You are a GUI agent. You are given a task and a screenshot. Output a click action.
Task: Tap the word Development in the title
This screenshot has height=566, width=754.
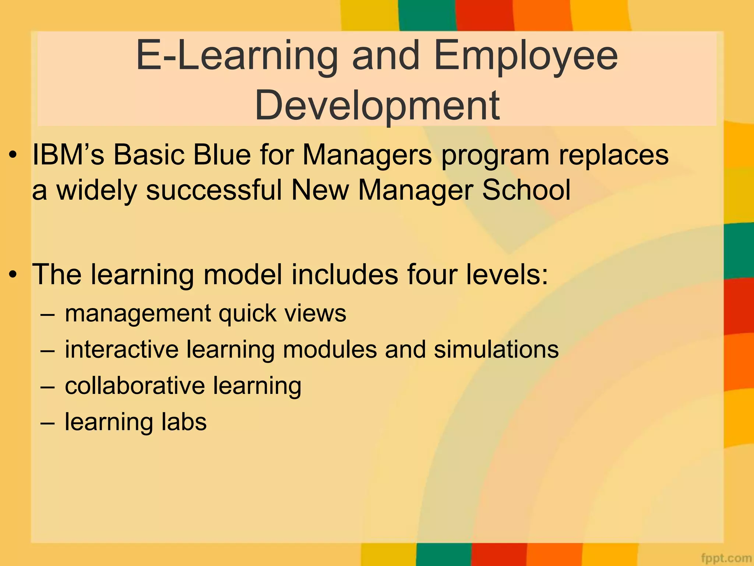point(377,106)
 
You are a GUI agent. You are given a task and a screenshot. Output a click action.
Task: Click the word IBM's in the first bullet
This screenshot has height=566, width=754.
point(68,155)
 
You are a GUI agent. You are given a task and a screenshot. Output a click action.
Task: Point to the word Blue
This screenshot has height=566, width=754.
point(222,155)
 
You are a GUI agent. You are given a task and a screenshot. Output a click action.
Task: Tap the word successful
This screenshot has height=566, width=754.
point(214,190)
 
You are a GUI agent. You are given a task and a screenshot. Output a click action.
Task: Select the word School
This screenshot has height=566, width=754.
point(526,190)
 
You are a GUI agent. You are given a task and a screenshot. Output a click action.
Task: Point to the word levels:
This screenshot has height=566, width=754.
point(507,275)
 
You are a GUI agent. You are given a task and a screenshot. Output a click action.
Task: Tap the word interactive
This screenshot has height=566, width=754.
point(121,349)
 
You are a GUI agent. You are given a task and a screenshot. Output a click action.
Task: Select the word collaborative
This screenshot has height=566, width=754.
point(135,385)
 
